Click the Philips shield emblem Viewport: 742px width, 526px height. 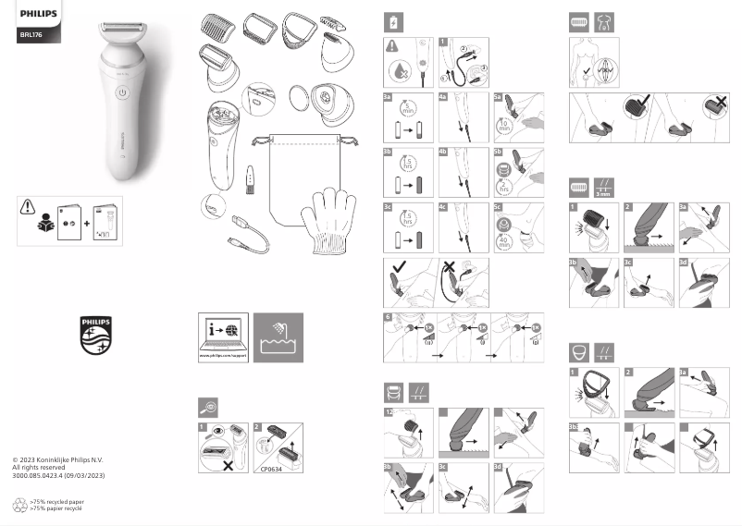click(95, 335)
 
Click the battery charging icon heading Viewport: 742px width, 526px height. click(395, 21)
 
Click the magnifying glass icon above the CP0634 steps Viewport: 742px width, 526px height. click(209, 406)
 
